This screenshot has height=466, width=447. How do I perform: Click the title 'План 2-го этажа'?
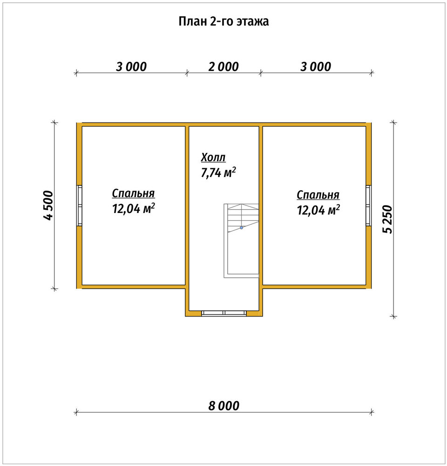(x=223, y=21)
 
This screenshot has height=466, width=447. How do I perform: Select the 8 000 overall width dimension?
(x=223, y=406)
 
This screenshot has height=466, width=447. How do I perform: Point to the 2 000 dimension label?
(x=223, y=67)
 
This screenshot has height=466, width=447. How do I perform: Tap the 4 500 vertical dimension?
(x=48, y=206)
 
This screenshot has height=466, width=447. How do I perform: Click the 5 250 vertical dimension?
(x=387, y=219)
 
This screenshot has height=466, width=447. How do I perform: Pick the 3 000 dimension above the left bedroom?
(x=131, y=67)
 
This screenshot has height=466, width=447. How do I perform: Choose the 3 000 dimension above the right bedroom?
(x=315, y=67)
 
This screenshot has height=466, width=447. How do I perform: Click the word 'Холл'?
(x=213, y=157)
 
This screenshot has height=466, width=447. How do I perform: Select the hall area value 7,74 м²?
(x=218, y=172)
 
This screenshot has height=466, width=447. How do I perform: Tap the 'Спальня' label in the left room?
(x=133, y=193)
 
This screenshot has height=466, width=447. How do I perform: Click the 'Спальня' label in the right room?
(x=318, y=195)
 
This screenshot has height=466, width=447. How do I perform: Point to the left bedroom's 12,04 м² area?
(x=133, y=208)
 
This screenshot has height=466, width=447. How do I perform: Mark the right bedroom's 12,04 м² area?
(x=318, y=210)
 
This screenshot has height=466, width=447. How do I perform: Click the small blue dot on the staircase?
(x=242, y=228)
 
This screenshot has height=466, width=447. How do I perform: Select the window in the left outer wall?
(x=79, y=206)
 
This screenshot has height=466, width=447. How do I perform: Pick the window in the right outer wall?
(x=368, y=206)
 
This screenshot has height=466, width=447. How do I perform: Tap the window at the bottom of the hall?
(x=224, y=313)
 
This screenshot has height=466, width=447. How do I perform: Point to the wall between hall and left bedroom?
(x=187, y=206)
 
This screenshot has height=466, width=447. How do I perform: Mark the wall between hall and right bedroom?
(x=261, y=206)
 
